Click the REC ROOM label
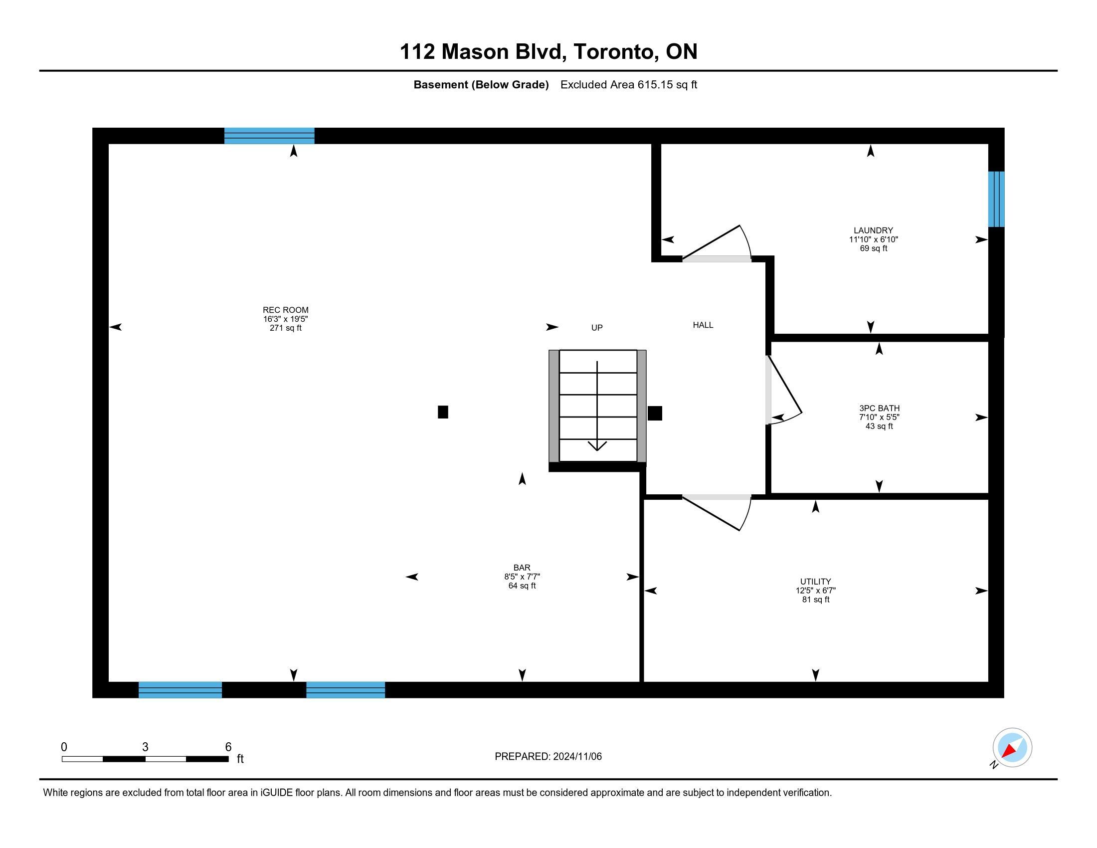point(285,310)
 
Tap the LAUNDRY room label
point(873,230)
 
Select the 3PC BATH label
point(879,409)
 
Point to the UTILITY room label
point(815,582)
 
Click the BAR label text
point(522,568)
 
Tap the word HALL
point(703,325)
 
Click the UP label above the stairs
point(597,328)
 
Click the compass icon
point(1012,748)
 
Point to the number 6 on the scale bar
point(228,747)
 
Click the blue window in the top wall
point(269,136)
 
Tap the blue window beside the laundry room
point(996,199)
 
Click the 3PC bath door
point(783,391)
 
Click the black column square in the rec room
point(443,412)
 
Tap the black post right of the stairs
point(655,413)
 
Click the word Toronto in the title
point(616,52)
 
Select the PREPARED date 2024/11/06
point(577,757)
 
